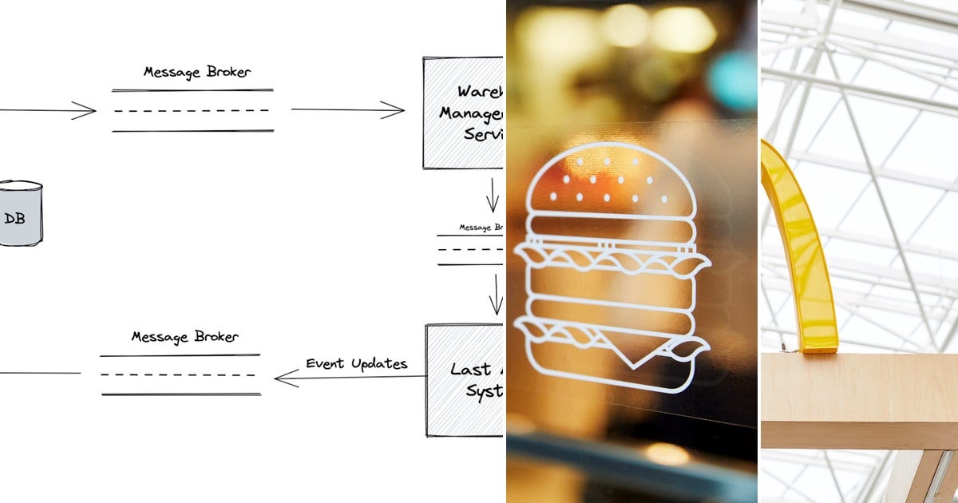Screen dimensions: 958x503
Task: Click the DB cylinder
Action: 20,214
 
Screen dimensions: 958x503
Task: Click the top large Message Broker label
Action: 196,72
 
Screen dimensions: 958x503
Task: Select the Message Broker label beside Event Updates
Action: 184,338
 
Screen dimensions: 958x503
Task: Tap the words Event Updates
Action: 356,364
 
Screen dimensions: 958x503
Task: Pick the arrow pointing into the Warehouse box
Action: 347,110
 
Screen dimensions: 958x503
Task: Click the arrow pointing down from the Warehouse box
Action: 493,195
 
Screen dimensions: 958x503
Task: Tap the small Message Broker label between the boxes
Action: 481,228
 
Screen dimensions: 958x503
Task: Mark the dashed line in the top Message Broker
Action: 192,110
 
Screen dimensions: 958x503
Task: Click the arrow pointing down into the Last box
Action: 496,294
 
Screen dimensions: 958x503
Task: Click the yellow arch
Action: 802,248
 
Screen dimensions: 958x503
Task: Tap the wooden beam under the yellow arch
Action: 859,399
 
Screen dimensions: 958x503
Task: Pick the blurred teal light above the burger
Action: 730,80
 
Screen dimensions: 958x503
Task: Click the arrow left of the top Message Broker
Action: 48,110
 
